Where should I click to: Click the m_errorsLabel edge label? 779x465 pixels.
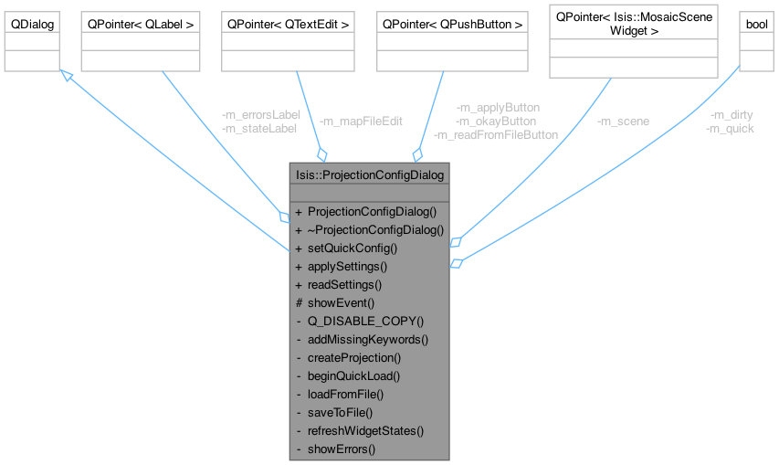pos(260,115)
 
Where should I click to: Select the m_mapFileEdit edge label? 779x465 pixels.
pos(360,121)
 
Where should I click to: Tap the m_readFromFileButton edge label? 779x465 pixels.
pos(496,134)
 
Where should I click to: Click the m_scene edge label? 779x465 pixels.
pos(623,121)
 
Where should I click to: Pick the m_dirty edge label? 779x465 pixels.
pos(732,115)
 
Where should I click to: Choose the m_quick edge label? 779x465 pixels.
pos(730,129)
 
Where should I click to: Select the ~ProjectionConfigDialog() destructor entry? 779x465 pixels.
pos(374,229)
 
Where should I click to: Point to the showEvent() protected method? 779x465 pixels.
pos(342,302)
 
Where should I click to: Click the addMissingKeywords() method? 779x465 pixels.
pos(368,339)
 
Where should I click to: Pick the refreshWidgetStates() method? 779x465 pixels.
pos(366,430)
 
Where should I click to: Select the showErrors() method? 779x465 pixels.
pos(342,449)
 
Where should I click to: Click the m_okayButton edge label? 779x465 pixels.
pos(496,121)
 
